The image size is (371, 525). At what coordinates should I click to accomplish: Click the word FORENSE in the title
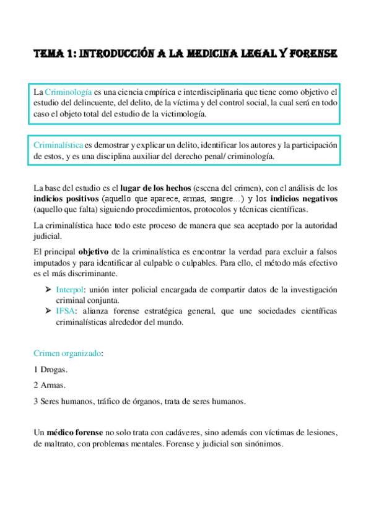pos(314,55)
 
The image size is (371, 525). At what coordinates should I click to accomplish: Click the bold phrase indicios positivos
pos(66,199)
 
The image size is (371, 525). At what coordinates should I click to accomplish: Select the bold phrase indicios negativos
pos(303,199)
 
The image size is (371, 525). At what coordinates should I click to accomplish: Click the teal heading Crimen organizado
pos(68,354)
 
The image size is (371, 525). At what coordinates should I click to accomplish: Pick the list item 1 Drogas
pos(50,370)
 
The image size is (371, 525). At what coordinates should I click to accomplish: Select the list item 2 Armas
pos(50,385)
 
